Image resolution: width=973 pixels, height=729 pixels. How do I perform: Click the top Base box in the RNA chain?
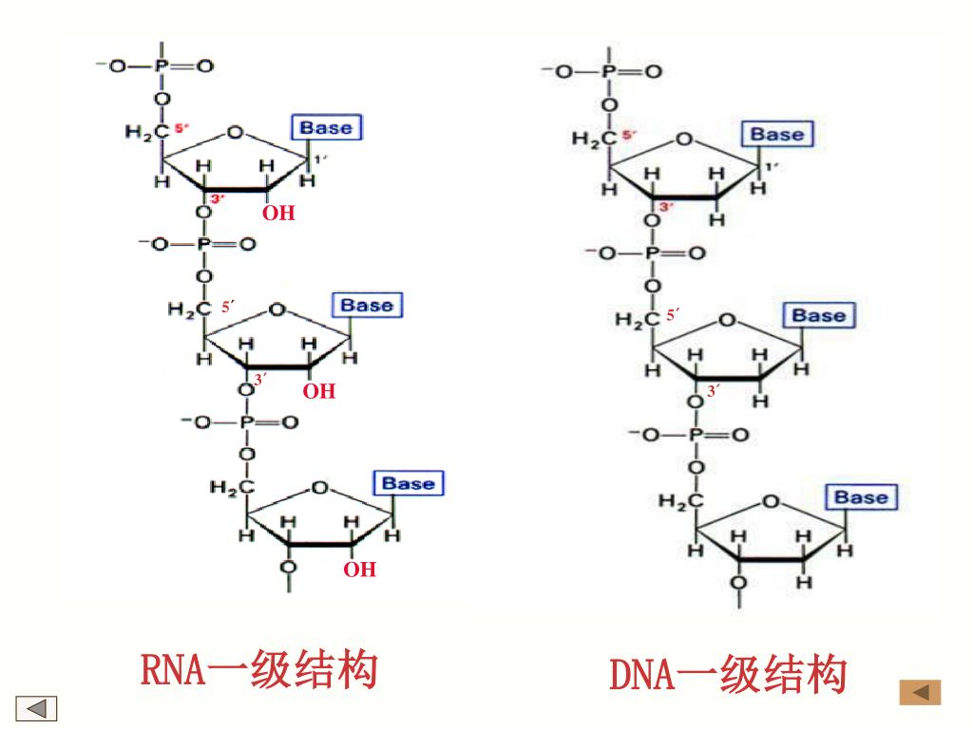point(326,128)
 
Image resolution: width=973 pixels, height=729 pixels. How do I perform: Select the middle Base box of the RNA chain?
point(367,306)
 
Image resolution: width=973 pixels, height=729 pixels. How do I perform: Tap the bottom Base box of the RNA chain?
point(408,483)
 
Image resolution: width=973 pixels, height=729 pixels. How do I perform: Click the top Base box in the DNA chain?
point(776,134)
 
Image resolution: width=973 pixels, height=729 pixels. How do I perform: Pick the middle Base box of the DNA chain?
point(818,315)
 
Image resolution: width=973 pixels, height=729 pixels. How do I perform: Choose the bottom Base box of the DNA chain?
point(861,497)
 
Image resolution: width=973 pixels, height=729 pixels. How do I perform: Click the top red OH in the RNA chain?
point(278,214)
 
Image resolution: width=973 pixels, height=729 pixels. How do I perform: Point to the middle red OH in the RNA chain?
point(319,391)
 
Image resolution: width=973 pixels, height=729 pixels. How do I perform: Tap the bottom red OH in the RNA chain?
point(359,570)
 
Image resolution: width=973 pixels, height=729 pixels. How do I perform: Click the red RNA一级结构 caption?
point(258,670)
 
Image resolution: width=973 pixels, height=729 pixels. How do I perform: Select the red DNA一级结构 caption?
point(727,676)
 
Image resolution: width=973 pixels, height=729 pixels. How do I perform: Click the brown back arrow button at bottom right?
point(920,693)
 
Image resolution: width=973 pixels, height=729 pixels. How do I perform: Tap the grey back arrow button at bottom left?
point(37,708)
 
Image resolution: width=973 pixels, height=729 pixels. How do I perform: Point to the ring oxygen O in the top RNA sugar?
point(236,131)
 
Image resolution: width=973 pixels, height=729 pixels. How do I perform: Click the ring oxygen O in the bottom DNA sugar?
point(771,500)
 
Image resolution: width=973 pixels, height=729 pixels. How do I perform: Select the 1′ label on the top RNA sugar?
point(321,159)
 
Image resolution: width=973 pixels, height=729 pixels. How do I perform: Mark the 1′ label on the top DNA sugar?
point(772,167)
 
